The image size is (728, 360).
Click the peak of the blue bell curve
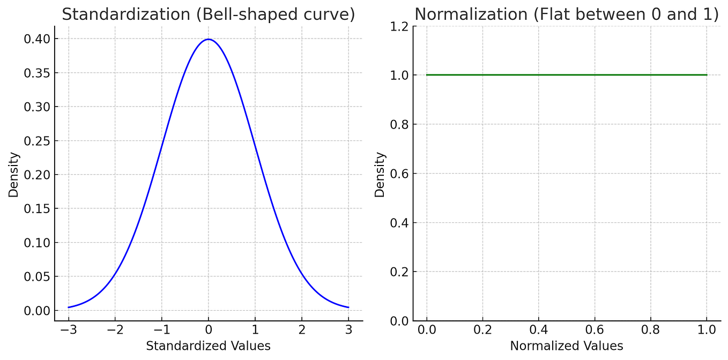click(209, 39)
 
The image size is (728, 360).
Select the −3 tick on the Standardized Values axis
click(69, 329)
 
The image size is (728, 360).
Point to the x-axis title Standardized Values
click(208, 346)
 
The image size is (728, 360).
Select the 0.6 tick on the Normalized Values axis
click(595, 329)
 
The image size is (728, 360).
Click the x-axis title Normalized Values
click(567, 346)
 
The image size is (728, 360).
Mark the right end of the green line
click(707, 75)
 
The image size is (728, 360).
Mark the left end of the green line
click(427, 75)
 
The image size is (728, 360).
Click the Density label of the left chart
click(13, 174)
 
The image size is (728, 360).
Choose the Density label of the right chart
click(380, 174)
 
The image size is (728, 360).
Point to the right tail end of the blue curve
click(348, 307)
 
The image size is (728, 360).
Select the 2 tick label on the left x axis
click(302, 329)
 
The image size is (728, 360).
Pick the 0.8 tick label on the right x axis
click(650, 329)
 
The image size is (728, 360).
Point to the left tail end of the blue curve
click(69, 307)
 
